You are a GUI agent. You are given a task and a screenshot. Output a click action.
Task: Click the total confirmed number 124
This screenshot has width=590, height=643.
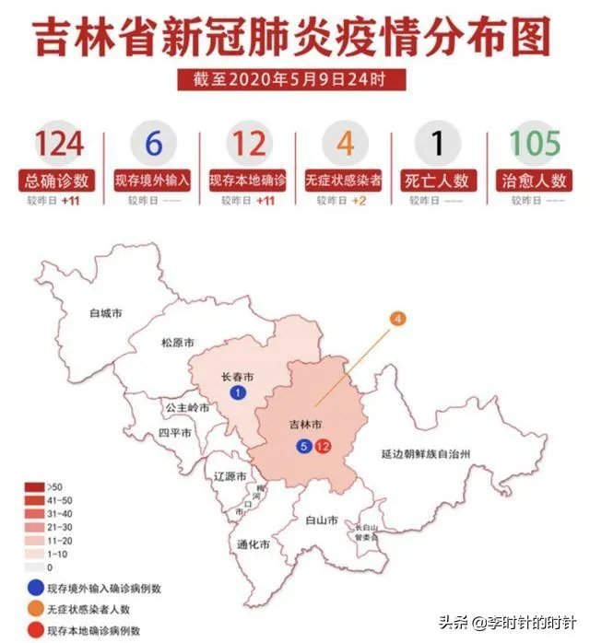click(61, 144)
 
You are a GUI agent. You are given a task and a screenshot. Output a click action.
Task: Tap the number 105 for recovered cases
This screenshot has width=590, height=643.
click(535, 144)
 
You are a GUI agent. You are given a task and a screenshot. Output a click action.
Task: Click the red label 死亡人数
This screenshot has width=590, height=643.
click(439, 180)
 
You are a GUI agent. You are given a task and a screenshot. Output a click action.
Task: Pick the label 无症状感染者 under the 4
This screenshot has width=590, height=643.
click(344, 180)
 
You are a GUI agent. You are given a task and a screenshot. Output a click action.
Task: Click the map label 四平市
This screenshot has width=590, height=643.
click(174, 432)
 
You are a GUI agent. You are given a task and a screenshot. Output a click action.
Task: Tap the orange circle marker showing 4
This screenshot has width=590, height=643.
click(398, 320)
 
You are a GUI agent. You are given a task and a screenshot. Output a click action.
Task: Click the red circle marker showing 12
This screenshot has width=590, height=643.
click(323, 447)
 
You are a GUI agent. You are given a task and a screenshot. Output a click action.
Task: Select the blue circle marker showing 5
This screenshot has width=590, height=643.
click(304, 447)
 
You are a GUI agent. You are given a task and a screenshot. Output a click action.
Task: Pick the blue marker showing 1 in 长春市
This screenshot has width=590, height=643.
click(238, 393)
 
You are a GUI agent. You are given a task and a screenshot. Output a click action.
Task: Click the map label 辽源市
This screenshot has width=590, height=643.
click(229, 477)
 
